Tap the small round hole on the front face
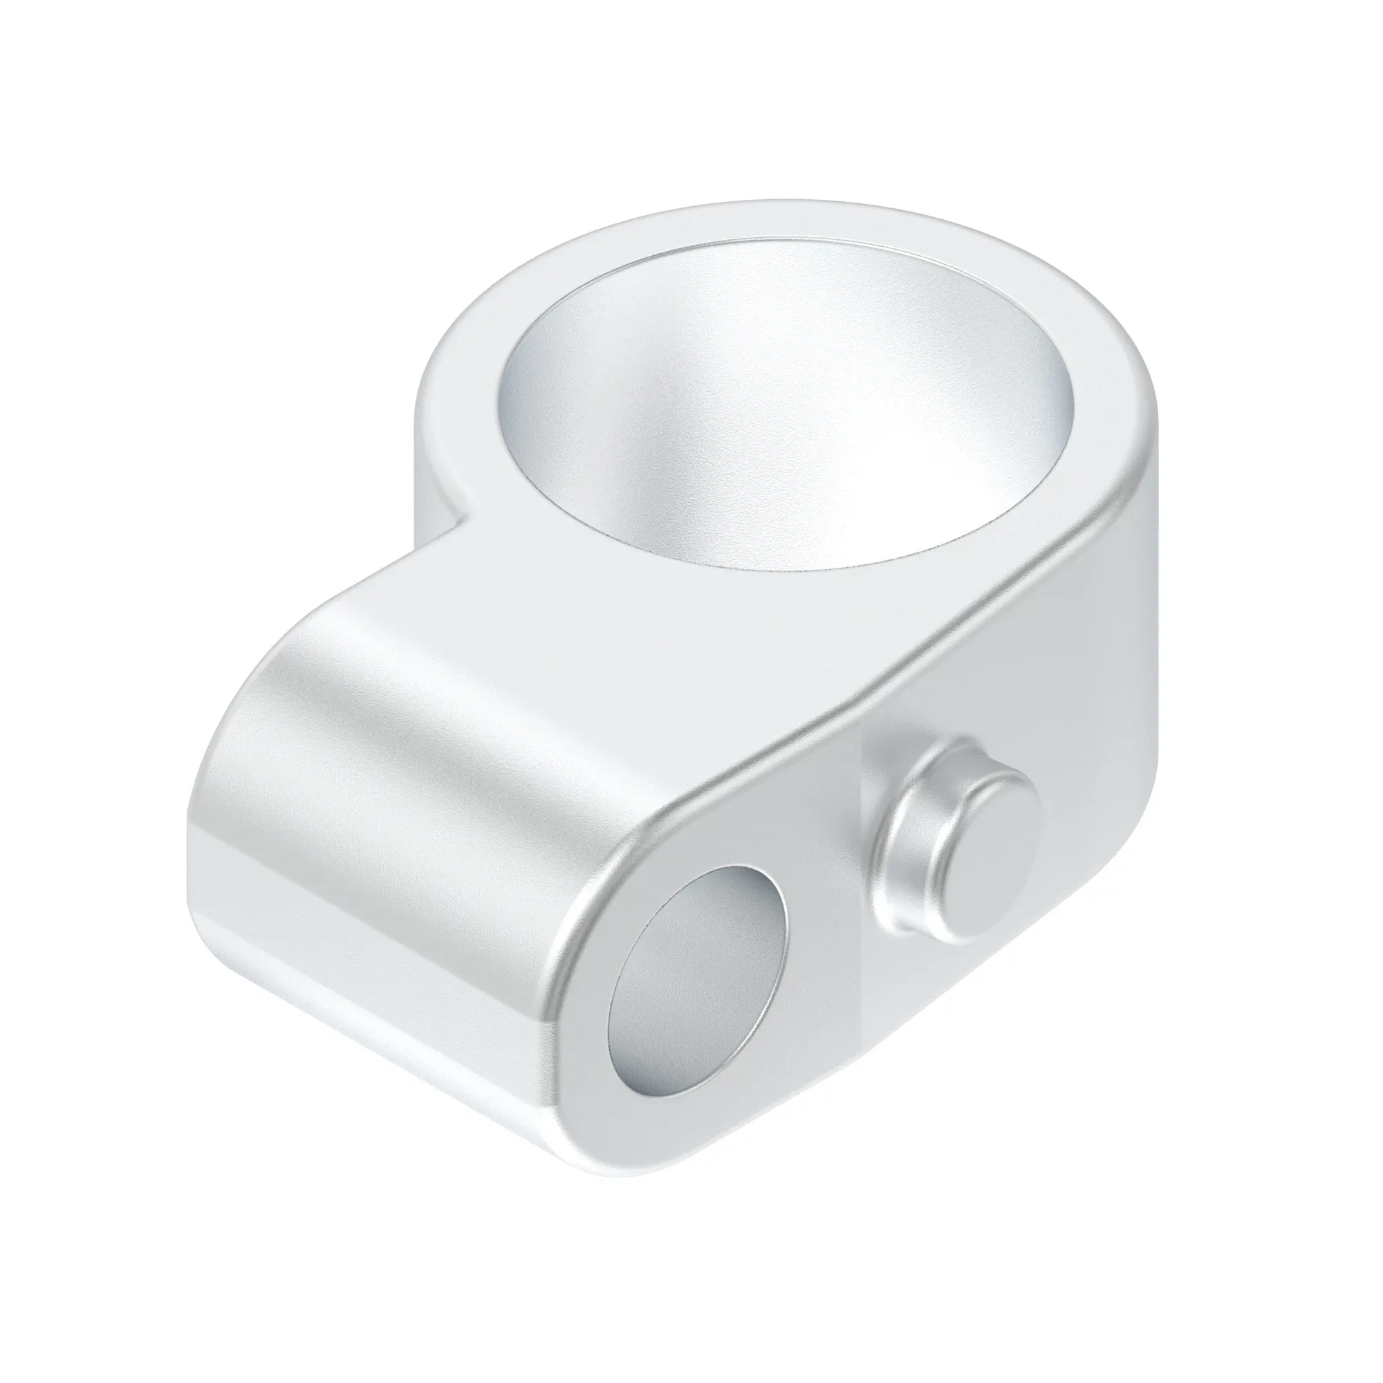click(x=698, y=952)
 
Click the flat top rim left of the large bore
click(x=458, y=372)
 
